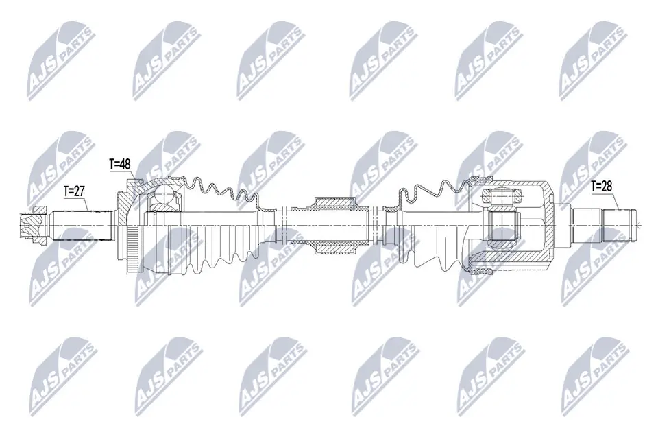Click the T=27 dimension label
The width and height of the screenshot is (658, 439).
click(x=74, y=191)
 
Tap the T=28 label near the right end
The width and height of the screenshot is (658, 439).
click(x=602, y=186)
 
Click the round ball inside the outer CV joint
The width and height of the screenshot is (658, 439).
click(x=164, y=197)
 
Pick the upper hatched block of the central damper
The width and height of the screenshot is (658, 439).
click(x=334, y=202)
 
